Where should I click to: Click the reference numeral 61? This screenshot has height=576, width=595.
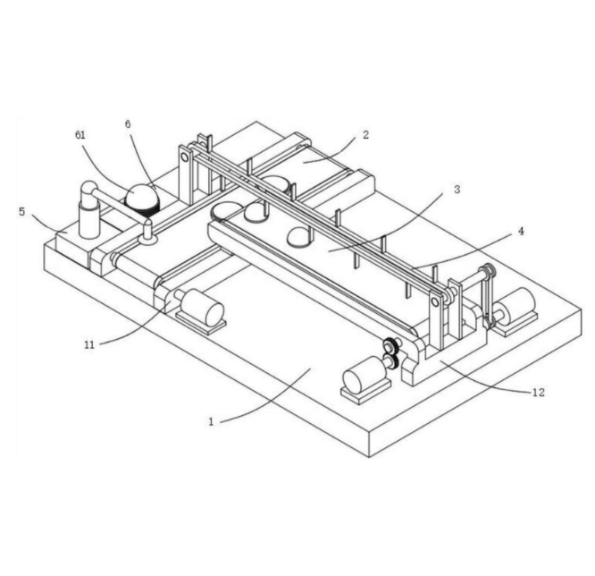[x=80, y=136]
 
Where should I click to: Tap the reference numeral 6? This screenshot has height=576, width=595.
[x=128, y=124]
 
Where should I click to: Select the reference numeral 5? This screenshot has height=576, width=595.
[x=21, y=212]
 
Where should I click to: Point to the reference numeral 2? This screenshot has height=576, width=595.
[x=365, y=135]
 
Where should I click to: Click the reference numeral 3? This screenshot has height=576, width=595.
[x=457, y=190]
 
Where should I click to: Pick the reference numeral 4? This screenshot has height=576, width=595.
[x=521, y=231]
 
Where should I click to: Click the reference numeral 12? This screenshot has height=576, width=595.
[x=538, y=392]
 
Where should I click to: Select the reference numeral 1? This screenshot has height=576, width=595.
[x=212, y=421]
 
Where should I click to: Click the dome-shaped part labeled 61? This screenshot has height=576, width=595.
[x=140, y=195]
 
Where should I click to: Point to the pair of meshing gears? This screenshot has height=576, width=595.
[x=390, y=355]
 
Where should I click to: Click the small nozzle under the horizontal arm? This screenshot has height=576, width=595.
[x=147, y=234]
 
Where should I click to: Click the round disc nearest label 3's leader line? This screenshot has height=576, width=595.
[x=298, y=236]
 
